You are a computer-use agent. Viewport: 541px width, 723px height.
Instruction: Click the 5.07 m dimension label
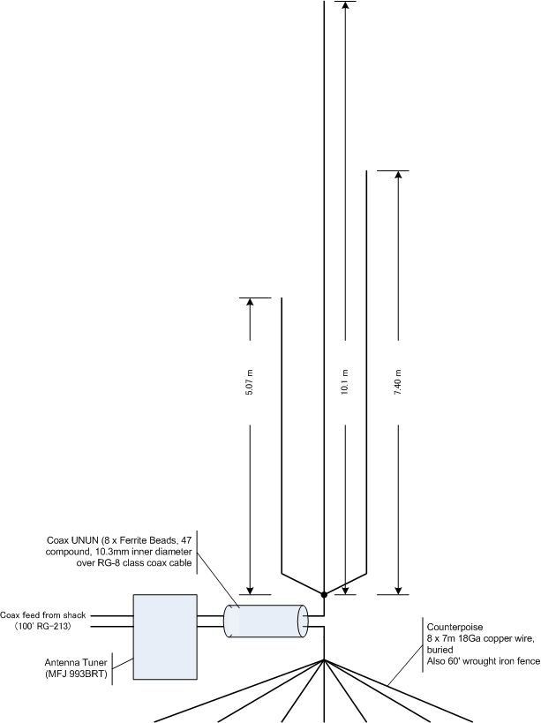pos(249,383)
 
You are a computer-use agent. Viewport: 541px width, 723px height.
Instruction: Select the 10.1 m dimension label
pos(345,382)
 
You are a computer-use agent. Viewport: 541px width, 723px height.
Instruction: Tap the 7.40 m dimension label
pos(398,382)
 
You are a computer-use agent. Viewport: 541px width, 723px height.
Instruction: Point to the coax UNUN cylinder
pos(266,621)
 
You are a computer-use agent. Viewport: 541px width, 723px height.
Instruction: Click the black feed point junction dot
pos(324,595)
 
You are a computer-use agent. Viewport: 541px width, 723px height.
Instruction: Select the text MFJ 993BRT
pos(76,674)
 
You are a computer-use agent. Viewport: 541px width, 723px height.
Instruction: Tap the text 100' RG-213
pos(42,627)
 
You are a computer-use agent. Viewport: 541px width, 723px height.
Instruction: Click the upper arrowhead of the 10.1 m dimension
pos(345,4)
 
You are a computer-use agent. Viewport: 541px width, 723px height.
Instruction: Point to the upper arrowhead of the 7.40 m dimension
pos(399,175)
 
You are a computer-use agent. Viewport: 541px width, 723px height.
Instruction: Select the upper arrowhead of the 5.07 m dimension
pos(250,302)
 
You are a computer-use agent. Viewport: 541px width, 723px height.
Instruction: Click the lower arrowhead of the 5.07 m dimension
pos(250,591)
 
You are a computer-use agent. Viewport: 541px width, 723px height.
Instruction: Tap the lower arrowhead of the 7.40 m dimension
pos(399,591)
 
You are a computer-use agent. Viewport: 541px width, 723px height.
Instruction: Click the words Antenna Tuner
pos(76,663)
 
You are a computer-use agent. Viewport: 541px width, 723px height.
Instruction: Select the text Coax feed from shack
pos(43,615)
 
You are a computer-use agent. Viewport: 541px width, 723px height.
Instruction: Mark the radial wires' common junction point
pos(324,659)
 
